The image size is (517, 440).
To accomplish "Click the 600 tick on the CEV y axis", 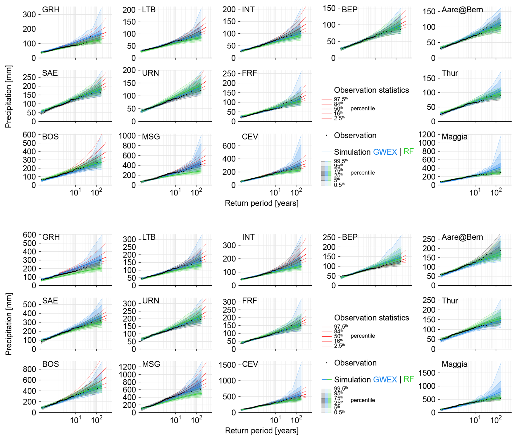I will point(229,146).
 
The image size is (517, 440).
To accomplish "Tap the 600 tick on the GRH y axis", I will point(30,235).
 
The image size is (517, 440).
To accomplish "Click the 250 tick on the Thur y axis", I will point(429,300).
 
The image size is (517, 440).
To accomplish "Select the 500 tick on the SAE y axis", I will point(30,304).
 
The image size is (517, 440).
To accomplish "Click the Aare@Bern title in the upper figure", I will point(462,10).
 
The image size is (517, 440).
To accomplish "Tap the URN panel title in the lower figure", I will point(151,301).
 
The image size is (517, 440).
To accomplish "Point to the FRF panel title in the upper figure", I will point(249,73).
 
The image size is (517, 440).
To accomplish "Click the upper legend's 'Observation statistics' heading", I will point(371,90).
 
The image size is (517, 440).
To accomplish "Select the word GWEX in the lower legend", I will point(385,379).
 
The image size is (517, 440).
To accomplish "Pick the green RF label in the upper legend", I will point(409,152).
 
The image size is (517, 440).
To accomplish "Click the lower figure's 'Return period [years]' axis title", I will point(262,430).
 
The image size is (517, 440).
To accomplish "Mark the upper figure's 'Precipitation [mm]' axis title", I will point(8,96).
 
